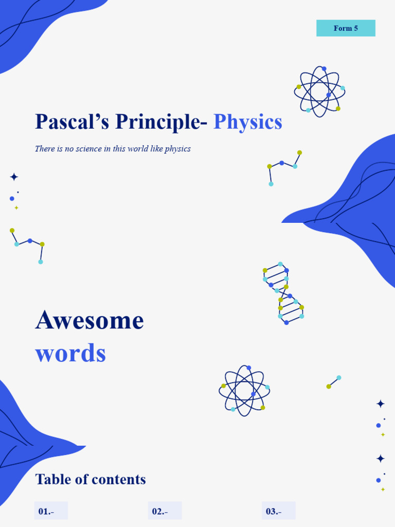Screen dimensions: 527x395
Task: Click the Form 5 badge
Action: tap(346, 28)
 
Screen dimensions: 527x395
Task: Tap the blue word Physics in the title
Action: tap(247, 122)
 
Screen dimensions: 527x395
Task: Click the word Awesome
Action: tap(89, 320)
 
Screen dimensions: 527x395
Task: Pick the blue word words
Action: tap(70, 353)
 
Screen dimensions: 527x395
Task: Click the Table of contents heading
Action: tap(91, 480)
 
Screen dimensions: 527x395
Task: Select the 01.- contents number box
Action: tap(51, 511)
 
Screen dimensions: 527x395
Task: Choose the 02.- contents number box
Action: tap(165, 511)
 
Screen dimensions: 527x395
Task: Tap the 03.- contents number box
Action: tap(278, 511)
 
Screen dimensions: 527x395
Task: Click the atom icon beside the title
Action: tap(319, 92)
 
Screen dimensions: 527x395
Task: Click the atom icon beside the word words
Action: tap(244, 391)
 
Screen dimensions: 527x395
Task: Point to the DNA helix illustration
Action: tap(283, 294)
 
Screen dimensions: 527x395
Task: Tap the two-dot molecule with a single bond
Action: tap(334, 382)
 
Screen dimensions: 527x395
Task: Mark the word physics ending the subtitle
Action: tap(177, 149)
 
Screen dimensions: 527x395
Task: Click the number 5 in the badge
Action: tap(355, 28)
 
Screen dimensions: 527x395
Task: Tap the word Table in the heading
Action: tap(48, 480)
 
